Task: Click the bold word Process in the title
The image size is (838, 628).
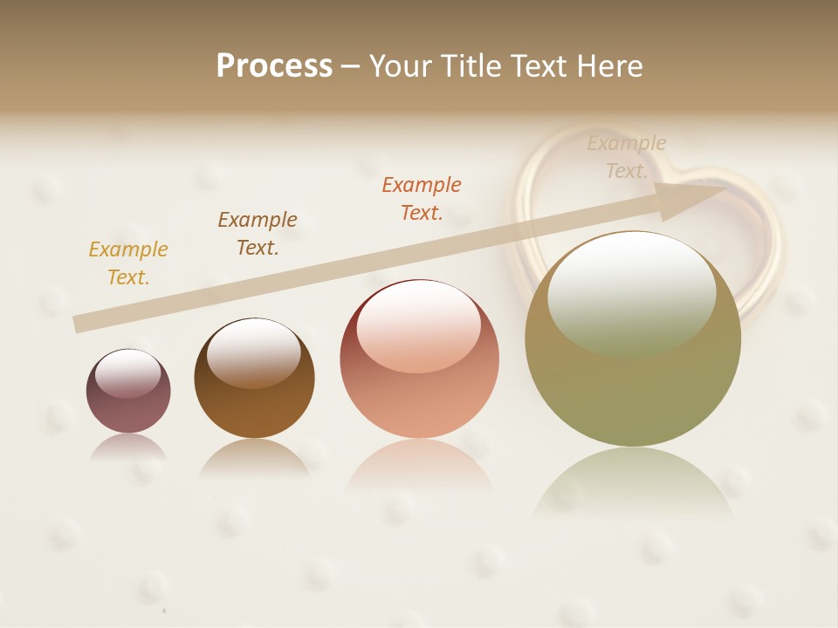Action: pos(274,66)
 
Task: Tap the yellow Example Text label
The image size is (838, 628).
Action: pos(128,263)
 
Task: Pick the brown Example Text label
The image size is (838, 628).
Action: pos(258,234)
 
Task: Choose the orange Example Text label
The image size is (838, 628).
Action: pos(422,198)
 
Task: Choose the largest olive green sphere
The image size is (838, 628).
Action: pos(633,384)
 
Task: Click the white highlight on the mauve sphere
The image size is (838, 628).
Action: pos(128,373)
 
